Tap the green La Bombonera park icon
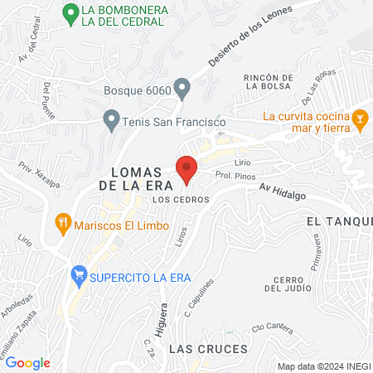click(71, 13)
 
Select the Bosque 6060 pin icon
click(183, 87)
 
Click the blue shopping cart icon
click(79, 274)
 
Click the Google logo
click(27, 362)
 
